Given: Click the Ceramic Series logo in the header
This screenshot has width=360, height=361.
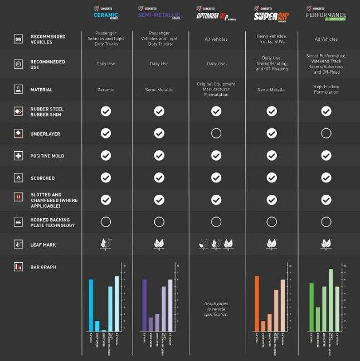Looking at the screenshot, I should coord(106,13).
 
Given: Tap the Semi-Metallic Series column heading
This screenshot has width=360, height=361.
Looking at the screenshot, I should coord(159,13).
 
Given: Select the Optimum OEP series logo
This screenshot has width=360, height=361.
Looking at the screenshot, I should coord(216,13).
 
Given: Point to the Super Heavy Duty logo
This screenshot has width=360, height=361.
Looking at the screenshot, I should coord(271,13).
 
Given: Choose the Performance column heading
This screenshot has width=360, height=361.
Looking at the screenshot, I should coord(326,13).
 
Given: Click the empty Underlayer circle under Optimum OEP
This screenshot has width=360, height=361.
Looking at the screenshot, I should coord(216,133).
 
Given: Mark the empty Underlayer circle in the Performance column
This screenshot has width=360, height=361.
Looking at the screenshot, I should coord(326,133).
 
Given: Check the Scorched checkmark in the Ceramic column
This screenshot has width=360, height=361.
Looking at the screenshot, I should coord(106,177).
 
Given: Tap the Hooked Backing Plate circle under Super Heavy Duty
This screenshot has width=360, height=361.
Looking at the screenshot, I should coord(271,222).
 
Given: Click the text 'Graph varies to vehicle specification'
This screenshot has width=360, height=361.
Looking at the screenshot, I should coord(216,309).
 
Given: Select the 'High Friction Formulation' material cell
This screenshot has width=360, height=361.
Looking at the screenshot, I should coord(326,89).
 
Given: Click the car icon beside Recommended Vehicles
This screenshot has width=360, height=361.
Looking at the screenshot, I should coord(18,39).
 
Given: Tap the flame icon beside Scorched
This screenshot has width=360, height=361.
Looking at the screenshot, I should coord(18,178).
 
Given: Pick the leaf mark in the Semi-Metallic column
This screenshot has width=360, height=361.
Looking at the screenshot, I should coord(159,244).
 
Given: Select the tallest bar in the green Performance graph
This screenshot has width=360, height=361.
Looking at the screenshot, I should coord(331,300).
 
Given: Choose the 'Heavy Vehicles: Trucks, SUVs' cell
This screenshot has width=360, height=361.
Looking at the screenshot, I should coord(271,39).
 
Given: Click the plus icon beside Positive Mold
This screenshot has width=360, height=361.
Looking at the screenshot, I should coord(18,156).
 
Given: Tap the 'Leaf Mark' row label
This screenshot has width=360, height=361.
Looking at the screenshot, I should coord(43,244).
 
